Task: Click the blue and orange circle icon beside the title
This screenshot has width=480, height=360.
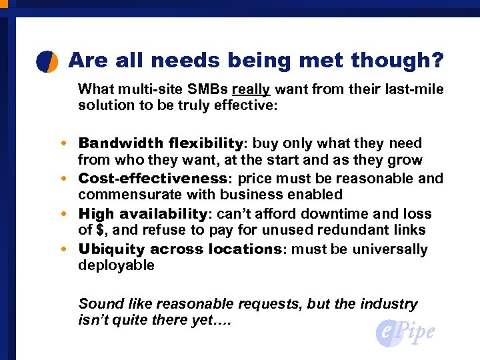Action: (x=47, y=61)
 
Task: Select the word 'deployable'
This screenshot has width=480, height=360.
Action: (x=116, y=265)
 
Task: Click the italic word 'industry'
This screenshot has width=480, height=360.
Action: (x=389, y=304)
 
